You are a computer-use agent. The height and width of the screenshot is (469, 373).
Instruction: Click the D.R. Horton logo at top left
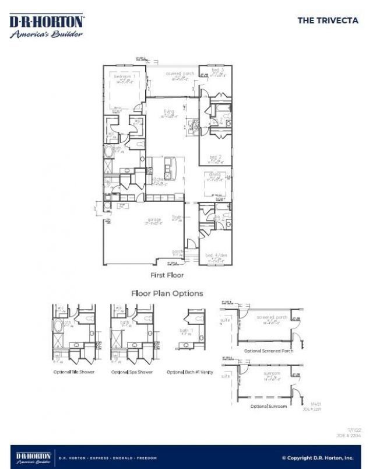click(x=47, y=26)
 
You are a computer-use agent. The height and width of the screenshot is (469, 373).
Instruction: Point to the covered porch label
click(x=180, y=74)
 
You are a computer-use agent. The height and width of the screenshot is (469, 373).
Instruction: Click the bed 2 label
click(x=216, y=157)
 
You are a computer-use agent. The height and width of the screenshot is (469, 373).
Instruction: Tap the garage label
click(x=154, y=220)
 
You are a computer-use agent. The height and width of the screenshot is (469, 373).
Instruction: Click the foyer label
click(x=177, y=217)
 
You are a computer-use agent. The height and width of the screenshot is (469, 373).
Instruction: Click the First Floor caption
click(x=167, y=274)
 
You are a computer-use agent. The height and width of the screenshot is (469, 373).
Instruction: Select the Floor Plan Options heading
click(x=167, y=293)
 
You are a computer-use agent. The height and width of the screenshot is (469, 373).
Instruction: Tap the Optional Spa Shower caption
click(x=132, y=372)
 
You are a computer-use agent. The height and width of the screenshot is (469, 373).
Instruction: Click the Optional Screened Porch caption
click(x=268, y=351)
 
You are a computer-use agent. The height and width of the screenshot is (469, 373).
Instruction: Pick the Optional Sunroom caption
click(x=269, y=406)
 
